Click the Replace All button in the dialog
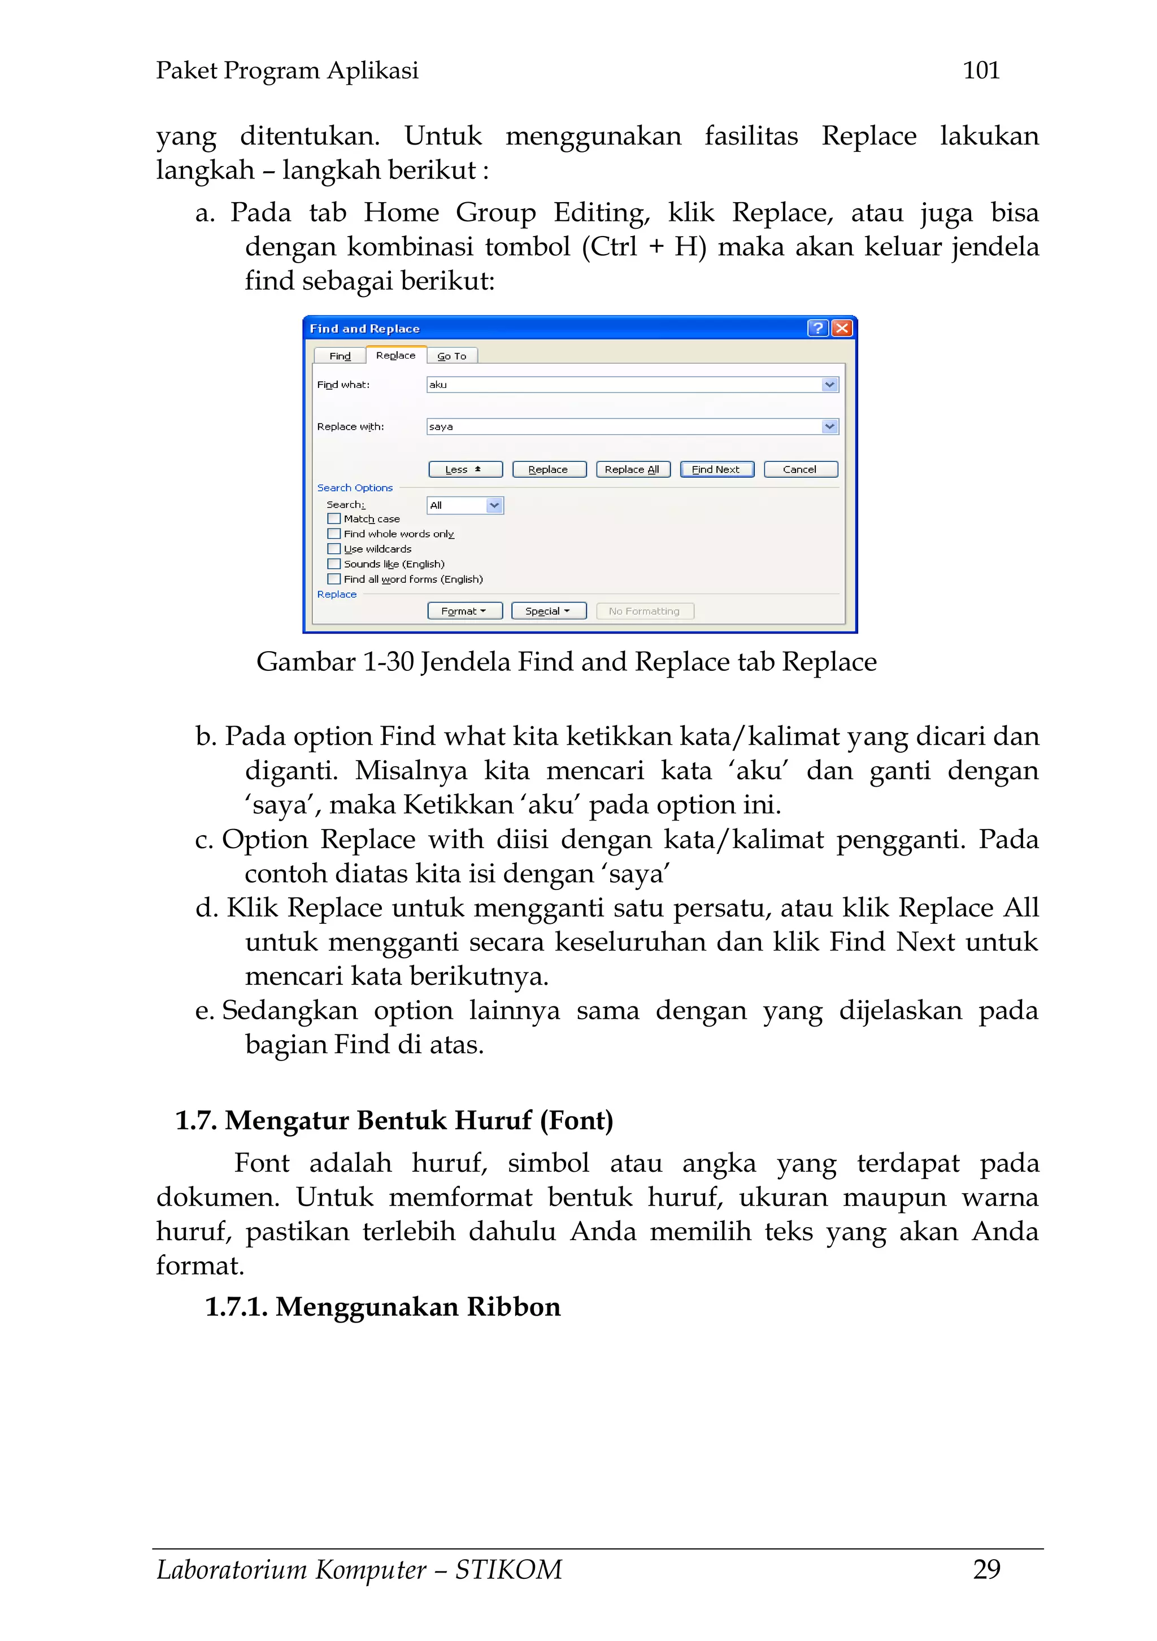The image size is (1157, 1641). (x=632, y=470)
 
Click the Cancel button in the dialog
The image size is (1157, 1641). (x=800, y=470)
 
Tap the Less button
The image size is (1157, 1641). (x=465, y=470)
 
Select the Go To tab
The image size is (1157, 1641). (x=452, y=356)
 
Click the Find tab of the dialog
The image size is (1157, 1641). (x=340, y=356)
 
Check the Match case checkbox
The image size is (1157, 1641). (x=334, y=519)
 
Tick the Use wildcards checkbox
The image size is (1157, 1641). (x=334, y=549)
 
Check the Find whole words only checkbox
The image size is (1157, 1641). (x=334, y=534)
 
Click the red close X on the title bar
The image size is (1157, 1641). (x=842, y=328)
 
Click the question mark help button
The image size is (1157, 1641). (x=817, y=328)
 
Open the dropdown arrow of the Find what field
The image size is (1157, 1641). (x=829, y=385)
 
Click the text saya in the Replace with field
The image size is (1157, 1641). (x=441, y=427)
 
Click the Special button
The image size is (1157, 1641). (x=549, y=611)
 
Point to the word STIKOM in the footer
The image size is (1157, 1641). (x=508, y=1569)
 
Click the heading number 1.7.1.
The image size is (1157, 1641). (x=236, y=1307)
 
